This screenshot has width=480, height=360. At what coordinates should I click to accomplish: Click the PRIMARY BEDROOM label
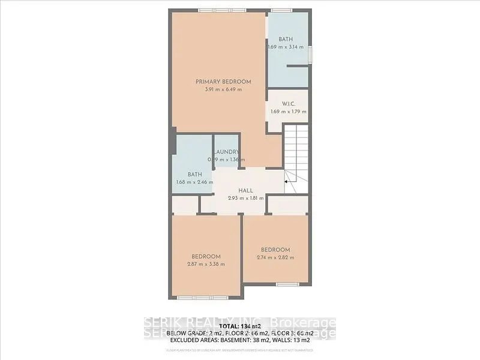tap(223, 82)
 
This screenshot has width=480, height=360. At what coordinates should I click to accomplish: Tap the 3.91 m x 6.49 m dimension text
tap(223, 89)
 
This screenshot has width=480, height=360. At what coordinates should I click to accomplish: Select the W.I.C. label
tap(288, 103)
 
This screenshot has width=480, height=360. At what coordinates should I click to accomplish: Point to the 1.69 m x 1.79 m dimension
tap(288, 111)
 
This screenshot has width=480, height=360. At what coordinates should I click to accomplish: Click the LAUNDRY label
tap(227, 152)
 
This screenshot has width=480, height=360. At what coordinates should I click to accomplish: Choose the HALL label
tap(246, 190)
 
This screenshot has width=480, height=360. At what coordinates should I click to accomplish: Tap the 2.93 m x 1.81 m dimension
tap(246, 197)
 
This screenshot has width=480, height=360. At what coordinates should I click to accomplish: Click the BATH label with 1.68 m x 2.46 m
tap(194, 175)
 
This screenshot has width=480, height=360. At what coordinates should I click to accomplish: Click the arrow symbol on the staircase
tap(287, 178)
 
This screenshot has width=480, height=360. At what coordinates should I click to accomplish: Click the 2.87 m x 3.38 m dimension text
tap(205, 264)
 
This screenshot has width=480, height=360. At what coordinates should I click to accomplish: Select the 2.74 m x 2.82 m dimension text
tap(275, 258)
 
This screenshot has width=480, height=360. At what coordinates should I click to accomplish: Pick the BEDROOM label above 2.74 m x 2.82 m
tap(275, 250)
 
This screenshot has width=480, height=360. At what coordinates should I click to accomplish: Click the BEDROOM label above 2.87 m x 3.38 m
tap(205, 256)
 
